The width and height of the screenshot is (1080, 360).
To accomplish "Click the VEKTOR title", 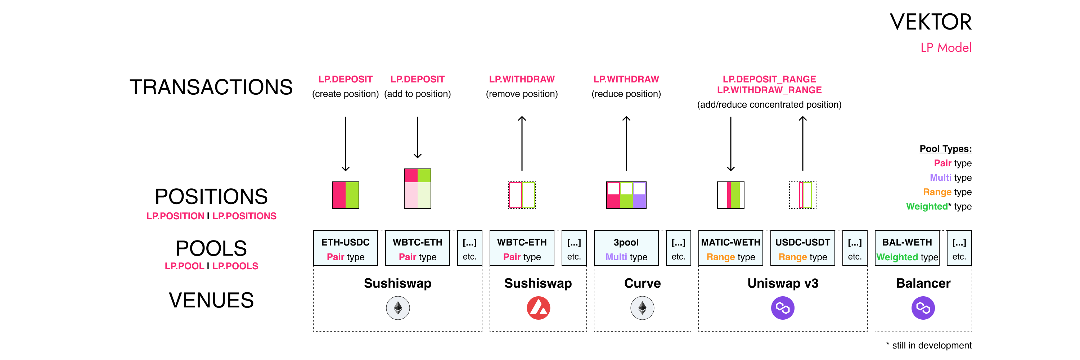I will click(930, 22).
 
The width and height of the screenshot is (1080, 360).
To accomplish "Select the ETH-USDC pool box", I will click(346, 248).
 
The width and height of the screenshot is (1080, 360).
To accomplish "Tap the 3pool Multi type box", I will click(626, 248).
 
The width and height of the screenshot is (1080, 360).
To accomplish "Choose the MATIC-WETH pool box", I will click(730, 248).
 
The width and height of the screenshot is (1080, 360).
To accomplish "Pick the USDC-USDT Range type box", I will click(802, 248).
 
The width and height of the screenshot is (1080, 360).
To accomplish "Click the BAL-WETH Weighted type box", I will click(907, 248).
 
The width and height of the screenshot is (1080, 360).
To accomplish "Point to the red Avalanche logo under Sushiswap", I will click(538, 308).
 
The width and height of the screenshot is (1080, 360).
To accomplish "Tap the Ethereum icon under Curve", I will click(642, 308).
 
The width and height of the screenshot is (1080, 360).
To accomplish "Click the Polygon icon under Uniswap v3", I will click(783, 308).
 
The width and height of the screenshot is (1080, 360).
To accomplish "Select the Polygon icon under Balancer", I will click(923, 308).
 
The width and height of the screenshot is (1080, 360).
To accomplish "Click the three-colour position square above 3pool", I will click(626, 195).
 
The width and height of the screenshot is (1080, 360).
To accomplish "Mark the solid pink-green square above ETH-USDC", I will click(346, 195).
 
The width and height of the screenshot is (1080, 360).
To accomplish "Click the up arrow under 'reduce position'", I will click(626, 143).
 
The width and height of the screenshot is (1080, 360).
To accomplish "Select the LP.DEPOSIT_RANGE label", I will click(769, 79).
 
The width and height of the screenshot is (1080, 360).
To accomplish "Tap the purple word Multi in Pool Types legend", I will click(940, 178).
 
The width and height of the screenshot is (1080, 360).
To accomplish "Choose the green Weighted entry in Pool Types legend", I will click(927, 207).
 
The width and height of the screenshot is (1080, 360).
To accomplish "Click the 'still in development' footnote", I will click(929, 345).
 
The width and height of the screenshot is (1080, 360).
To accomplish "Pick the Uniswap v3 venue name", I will click(783, 283).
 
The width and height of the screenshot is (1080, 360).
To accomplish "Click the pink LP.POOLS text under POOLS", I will click(235, 266).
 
